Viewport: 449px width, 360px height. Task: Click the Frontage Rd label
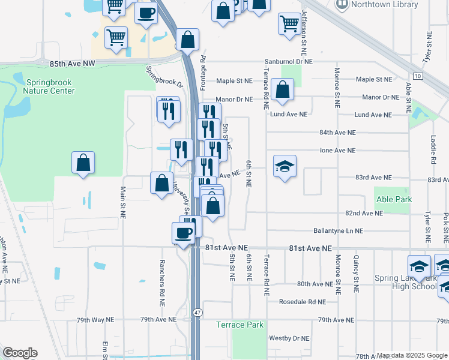coord(203,70)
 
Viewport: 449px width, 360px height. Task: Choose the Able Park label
coord(393,199)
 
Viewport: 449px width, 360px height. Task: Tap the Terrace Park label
coord(240,325)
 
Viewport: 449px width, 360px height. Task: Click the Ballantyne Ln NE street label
coord(338,230)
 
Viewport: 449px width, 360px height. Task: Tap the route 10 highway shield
coord(418,76)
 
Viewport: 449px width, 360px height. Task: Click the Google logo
coord(20,353)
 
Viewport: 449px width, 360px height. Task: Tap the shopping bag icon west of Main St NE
coord(83,162)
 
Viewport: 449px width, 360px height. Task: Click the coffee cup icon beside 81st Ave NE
coord(184,232)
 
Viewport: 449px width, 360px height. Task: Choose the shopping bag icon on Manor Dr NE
coord(282,89)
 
